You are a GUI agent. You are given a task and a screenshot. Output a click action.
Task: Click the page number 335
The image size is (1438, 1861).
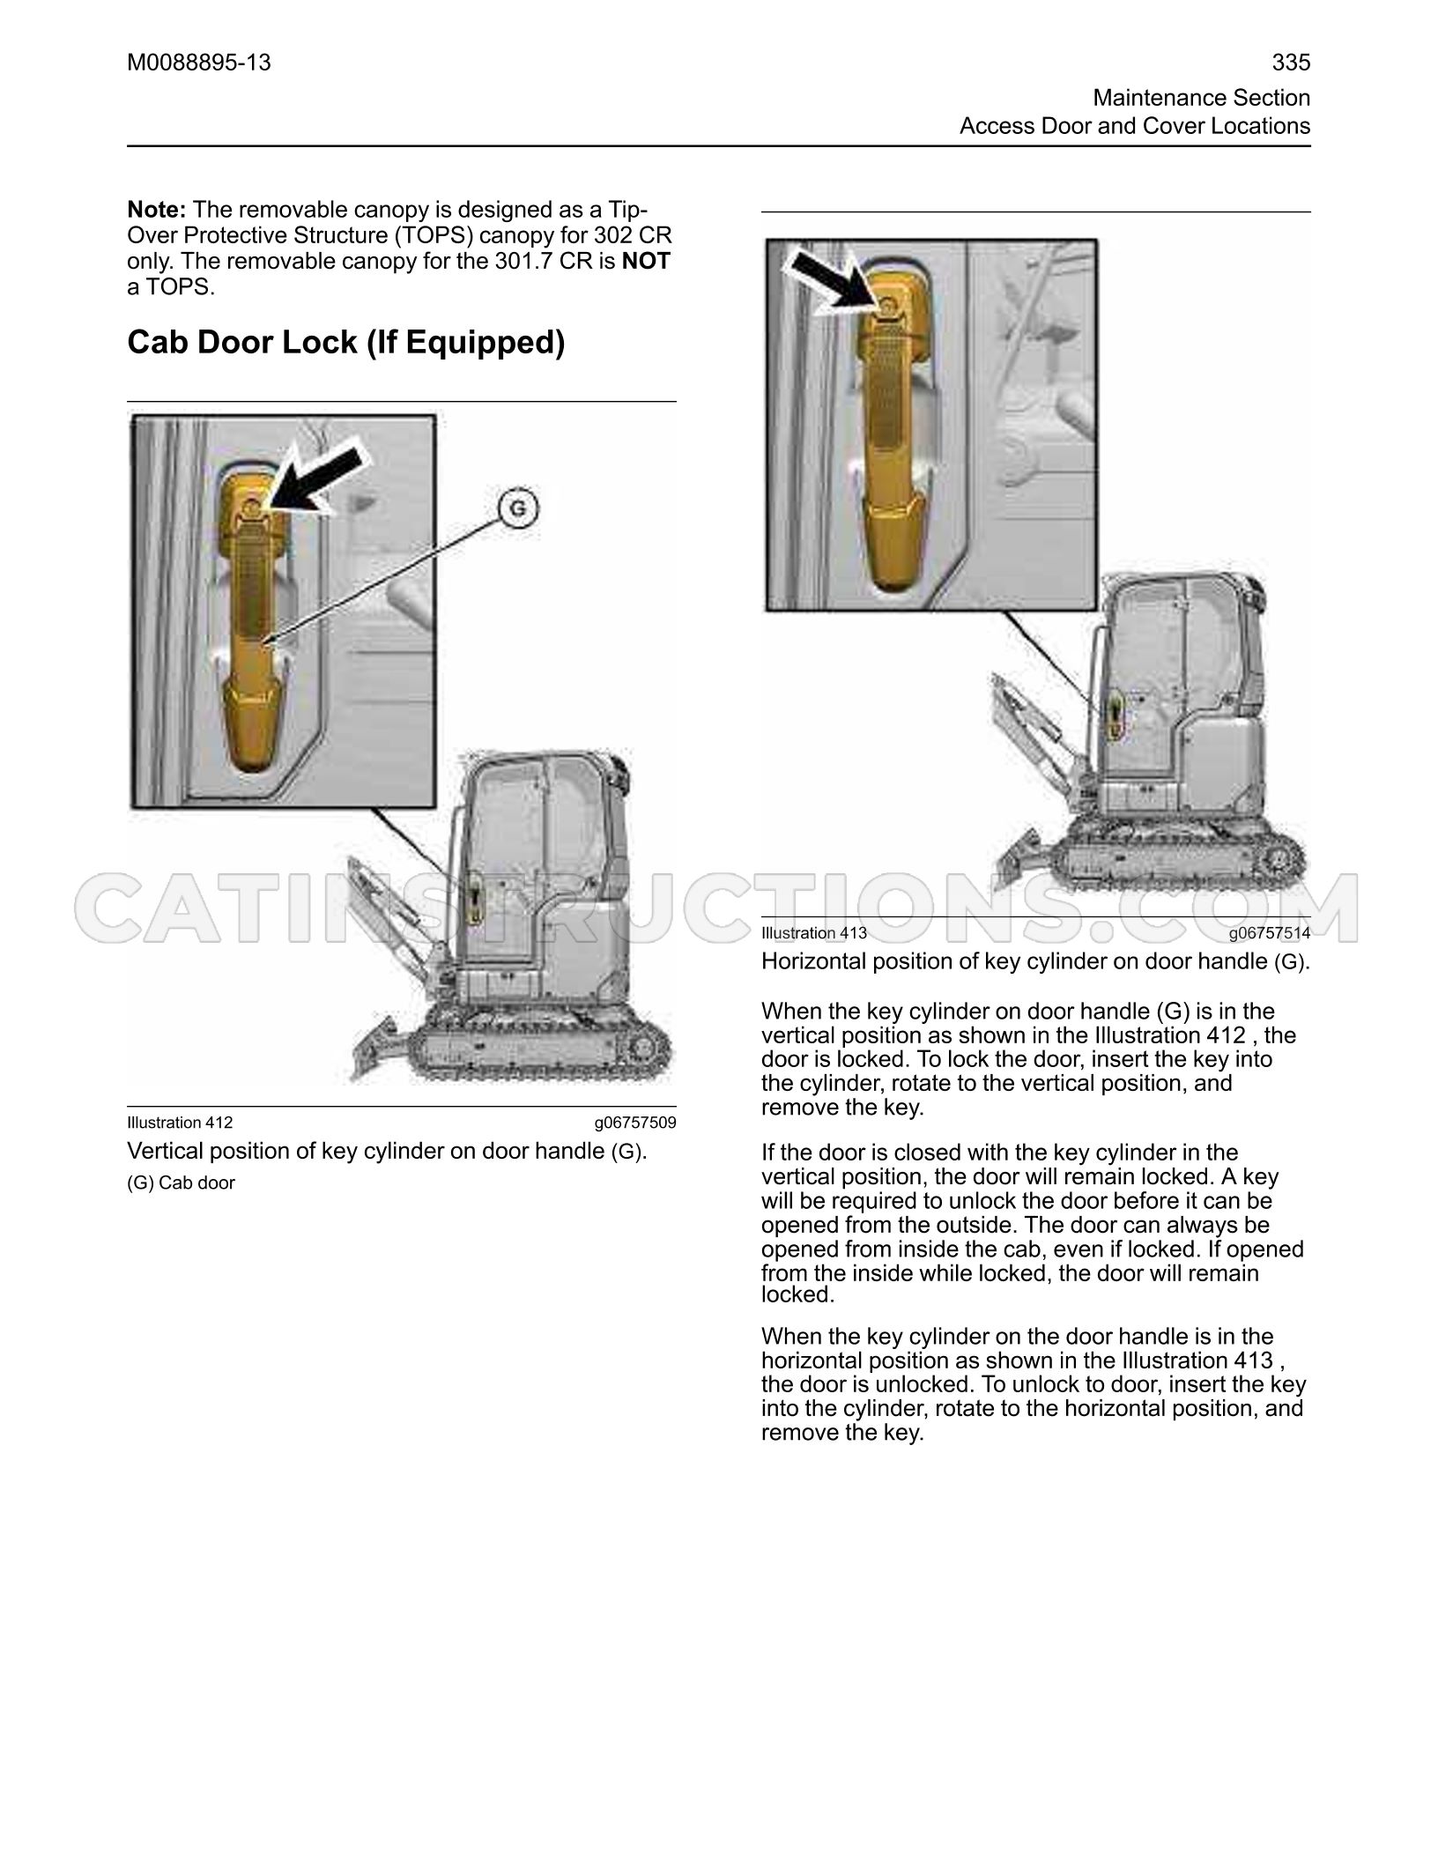(x=1291, y=63)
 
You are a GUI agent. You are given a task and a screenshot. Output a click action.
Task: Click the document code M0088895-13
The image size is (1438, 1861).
(x=199, y=63)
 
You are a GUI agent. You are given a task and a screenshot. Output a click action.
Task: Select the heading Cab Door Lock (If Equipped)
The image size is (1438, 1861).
(x=346, y=342)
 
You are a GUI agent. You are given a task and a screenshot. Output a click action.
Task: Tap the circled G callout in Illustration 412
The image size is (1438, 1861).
(x=518, y=509)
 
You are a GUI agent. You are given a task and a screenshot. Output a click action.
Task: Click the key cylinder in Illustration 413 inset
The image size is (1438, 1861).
(x=887, y=306)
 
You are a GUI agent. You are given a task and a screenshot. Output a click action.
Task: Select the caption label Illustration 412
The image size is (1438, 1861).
(x=181, y=1123)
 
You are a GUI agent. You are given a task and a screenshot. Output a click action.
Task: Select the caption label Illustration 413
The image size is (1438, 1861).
(x=814, y=933)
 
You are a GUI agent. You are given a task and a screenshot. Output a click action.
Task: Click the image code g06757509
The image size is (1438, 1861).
(x=635, y=1123)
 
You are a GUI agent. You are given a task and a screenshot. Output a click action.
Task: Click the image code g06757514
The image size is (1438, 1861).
(x=1270, y=933)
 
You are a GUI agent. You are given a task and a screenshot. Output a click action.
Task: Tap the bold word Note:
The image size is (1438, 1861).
(x=157, y=210)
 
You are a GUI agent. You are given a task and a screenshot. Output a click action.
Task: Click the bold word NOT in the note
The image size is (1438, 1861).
(x=647, y=261)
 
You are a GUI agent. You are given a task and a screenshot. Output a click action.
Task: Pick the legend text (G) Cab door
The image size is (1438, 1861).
(x=182, y=1183)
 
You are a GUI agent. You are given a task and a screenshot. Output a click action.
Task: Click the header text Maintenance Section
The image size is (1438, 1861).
(x=1202, y=98)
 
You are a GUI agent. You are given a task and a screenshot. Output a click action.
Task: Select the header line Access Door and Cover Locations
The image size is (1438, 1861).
(x=1135, y=126)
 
